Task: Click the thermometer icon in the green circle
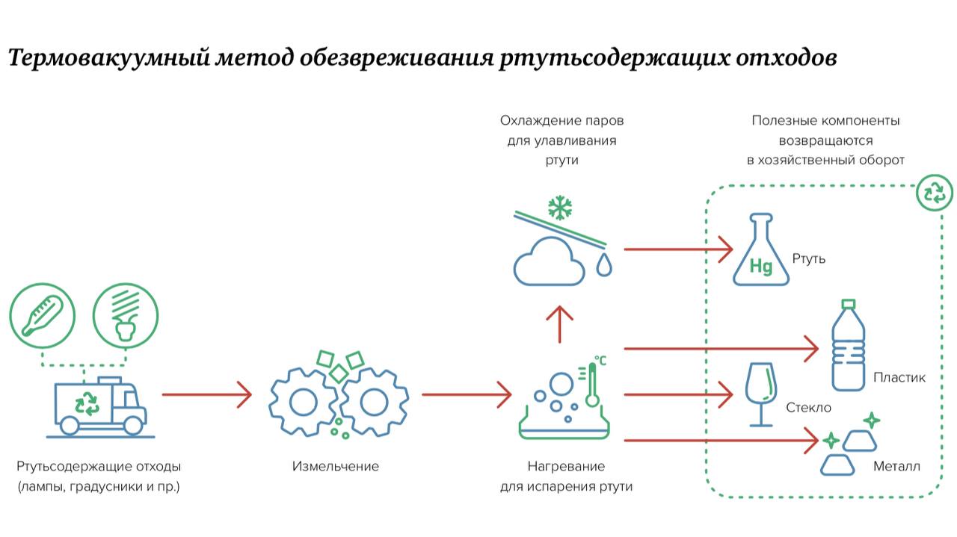pos(43,316)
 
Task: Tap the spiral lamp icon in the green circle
pos(125,316)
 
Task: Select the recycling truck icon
pos(100,406)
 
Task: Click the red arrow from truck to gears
pos(207,394)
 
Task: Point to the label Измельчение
pos(336,466)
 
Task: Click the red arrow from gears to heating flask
pos(467,394)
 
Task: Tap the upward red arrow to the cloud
pos(560,324)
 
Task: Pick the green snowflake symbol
pos(560,208)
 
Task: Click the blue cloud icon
pos(549,261)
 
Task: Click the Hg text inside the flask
pos(761,267)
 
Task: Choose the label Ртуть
pos(809,258)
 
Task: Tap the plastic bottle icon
pos(849,345)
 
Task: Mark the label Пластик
pos(899,377)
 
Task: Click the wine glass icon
pos(761,394)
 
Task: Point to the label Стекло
pos(809,408)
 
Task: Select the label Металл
pos(896,466)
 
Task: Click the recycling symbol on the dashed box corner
pos(935,193)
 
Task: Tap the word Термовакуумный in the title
pos(108,58)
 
